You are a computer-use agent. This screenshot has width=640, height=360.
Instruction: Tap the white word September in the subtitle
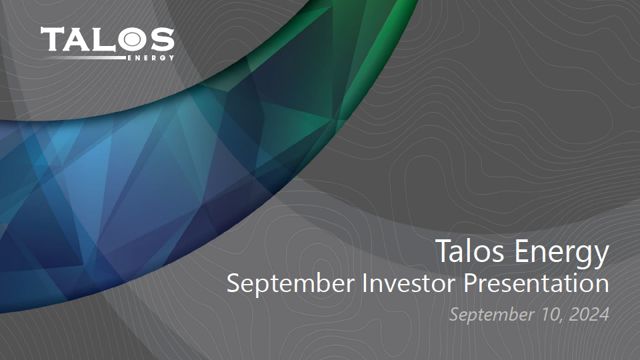291,284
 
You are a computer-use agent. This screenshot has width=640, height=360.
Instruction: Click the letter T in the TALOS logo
52,39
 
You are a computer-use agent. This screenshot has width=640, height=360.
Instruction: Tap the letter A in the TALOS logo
76,39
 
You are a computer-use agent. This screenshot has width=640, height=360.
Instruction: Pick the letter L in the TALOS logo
102,39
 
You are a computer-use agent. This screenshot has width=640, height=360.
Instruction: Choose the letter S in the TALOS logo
161,39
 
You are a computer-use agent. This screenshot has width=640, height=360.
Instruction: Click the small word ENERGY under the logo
151,58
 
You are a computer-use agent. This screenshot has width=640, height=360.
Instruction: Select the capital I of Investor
365,283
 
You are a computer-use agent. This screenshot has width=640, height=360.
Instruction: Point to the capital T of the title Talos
445,251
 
